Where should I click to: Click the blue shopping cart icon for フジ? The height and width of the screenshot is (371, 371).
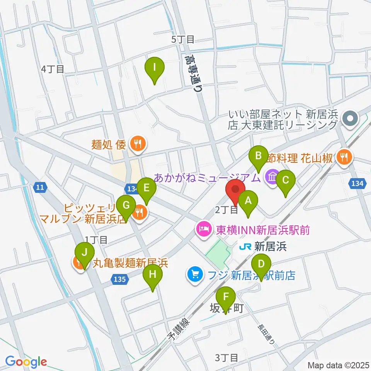194,275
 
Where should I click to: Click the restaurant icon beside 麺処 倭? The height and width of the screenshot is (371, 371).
137,145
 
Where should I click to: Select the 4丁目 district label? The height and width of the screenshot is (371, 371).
52,69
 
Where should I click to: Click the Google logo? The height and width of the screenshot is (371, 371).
26,362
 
